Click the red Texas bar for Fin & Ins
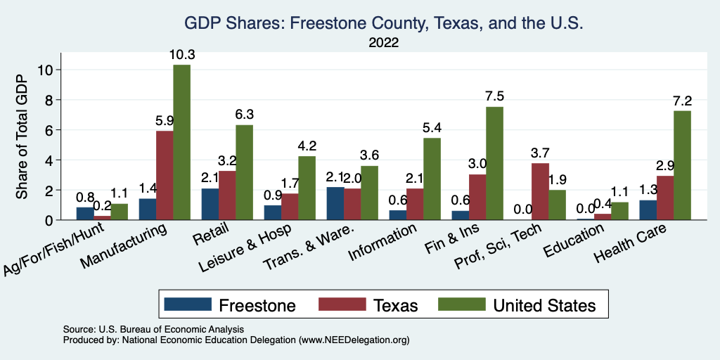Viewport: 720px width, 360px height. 477,197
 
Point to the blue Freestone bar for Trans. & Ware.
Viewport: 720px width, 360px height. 335,203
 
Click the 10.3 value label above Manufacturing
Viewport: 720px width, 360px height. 181,54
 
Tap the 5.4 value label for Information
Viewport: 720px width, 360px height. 432,128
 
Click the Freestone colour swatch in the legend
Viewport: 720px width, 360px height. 187,304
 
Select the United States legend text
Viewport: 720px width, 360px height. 544,305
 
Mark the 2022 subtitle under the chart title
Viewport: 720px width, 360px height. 384,43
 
